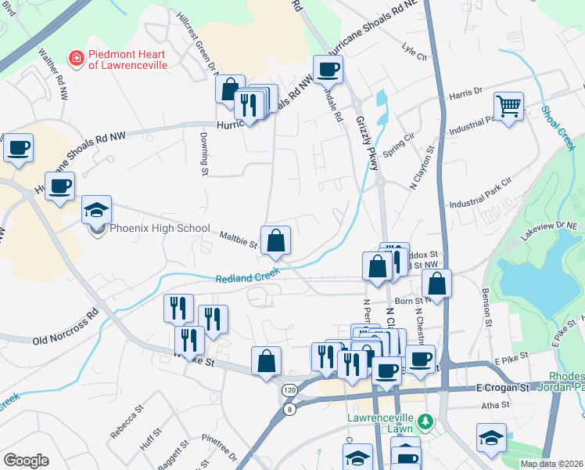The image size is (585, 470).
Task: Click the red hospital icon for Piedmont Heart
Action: coord(76,57)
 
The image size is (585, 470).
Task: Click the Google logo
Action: coord(26,460)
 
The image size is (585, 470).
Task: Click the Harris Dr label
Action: coord(467,93)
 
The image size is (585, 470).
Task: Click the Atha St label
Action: coord(495,405)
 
